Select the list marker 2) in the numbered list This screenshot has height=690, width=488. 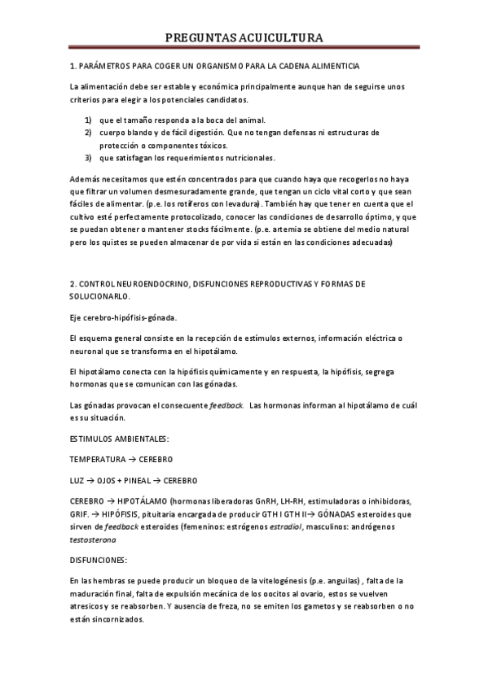88,132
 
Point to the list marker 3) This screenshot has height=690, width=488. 88,157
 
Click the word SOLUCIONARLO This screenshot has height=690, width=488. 101,296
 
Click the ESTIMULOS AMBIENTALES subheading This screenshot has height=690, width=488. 119,439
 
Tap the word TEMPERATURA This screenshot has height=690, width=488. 97,459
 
